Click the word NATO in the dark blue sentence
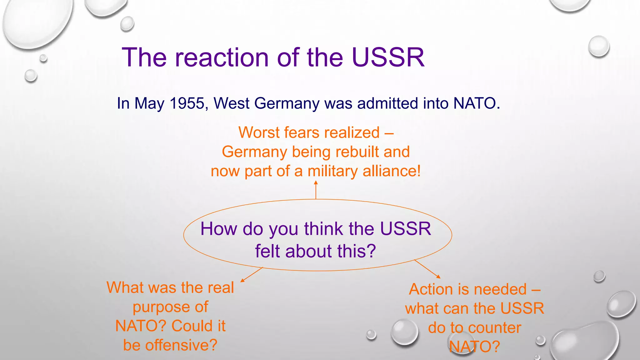[x=474, y=103]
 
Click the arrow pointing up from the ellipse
[x=316, y=190]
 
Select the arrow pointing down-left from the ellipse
[x=252, y=275]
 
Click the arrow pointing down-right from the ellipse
[x=427, y=269]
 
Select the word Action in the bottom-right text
[x=431, y=289]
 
